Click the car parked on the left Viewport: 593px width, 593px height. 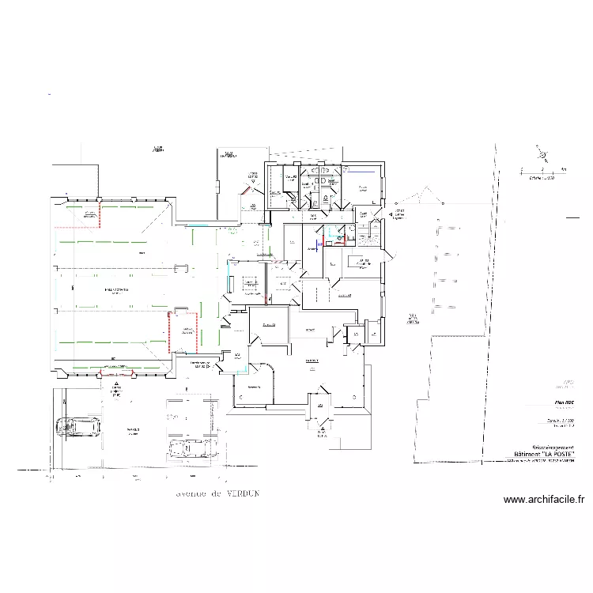tap(78, 428)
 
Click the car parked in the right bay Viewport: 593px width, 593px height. tap(190, 449)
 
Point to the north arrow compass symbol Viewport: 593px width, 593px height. tap(541, 156)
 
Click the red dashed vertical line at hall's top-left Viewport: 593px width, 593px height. tap(100, 215)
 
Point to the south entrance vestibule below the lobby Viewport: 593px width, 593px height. tap(321, 411)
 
